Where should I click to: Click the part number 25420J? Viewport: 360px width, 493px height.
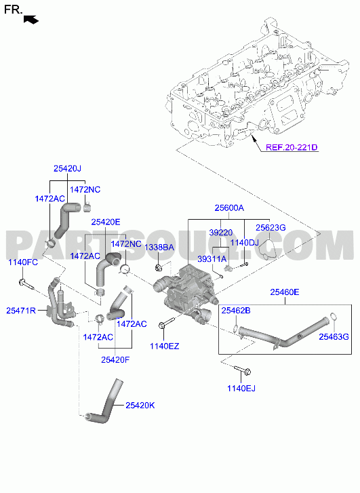coord(67,169)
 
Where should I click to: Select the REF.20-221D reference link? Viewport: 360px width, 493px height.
coord(292,147)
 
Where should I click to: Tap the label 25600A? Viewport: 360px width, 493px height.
coord(229,208)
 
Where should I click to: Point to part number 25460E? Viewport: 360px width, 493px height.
coord(285,292)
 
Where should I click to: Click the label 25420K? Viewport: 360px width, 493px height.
coord(140,406)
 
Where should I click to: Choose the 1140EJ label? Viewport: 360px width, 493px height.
coord(241,389)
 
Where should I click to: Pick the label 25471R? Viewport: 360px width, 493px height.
coord(21,311)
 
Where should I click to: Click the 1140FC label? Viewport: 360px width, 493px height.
coord(23,262)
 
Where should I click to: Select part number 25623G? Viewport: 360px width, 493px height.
coord(271,228)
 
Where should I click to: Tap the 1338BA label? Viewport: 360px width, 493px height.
coord(159,248)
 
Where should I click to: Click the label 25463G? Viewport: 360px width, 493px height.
coord(334,337)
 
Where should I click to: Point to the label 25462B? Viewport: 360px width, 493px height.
coord(236,311)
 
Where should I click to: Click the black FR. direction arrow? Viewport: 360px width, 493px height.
coord(31,20)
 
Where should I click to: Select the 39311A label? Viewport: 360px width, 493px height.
coord(212,259)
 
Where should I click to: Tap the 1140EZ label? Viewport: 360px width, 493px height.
coord(165,346)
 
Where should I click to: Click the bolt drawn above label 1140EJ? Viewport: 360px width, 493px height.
coord(242,370)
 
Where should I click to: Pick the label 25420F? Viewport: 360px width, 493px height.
coord(115,359)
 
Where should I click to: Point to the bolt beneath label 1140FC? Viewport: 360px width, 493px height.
coord(26,284)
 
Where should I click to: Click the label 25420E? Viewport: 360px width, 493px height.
coord(106,222)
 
